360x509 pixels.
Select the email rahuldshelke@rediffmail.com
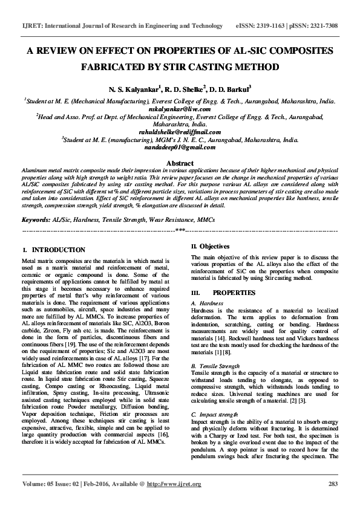click(180, 132)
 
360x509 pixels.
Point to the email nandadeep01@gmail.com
click(180, 146)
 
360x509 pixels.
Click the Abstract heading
click(180, 163)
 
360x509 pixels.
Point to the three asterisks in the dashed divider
click(180, 231)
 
